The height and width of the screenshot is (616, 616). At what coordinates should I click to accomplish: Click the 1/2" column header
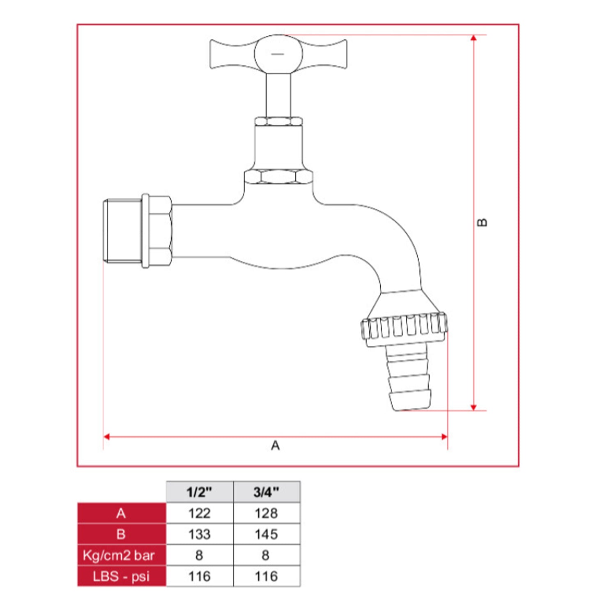200,492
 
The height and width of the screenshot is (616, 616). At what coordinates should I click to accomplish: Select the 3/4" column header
267,492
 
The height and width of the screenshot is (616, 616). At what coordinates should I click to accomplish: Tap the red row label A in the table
122,513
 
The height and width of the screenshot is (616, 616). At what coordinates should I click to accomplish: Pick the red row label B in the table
122,534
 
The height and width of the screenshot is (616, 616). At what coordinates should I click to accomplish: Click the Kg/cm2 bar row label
119,555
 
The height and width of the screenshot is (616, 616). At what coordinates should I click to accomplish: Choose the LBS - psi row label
121,576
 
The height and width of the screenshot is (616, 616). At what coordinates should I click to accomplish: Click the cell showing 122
200,513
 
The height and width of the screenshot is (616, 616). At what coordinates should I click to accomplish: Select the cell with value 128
267,513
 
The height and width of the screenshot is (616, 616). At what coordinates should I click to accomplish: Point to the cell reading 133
200,534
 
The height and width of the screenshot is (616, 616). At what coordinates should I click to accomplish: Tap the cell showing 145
267,534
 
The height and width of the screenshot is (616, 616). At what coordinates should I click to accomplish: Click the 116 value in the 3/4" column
267,576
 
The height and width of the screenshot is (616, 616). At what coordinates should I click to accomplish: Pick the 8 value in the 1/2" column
200,555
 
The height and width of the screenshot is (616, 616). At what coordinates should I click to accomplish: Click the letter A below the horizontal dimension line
276,446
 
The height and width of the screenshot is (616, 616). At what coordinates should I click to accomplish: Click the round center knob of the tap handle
278,54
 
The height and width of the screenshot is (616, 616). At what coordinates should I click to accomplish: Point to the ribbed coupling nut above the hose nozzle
404,327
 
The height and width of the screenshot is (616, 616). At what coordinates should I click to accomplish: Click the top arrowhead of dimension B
473,38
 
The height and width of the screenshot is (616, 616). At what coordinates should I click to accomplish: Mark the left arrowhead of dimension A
107,437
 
